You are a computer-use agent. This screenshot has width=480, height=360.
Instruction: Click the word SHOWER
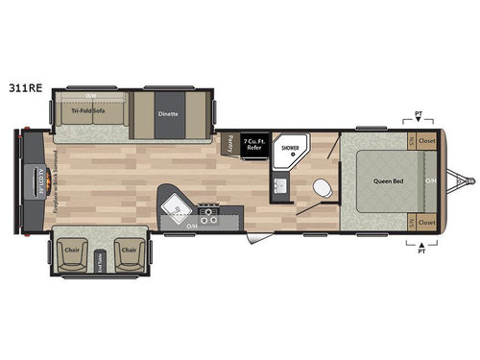point(289,150)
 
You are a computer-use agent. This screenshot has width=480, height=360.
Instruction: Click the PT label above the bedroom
point(418,114)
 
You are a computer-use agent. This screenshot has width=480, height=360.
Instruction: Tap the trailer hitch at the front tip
point(469,180)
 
